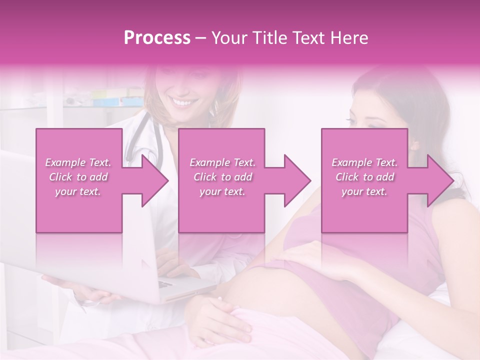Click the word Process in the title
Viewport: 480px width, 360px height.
pyautogui.click(x=157, y=38)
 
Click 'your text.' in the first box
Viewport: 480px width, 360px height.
pyautogui.click(x=78, y=191)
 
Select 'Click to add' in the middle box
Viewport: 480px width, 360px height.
pyautogui.click(x=222, y=177)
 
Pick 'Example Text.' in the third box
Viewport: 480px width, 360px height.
pyautogui.click(x=364, y=162)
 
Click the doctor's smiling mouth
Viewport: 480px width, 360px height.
pyautogui.click(x=182, y=103)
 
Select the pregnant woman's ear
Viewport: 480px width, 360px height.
pyautogui.click(x=414, y=146)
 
